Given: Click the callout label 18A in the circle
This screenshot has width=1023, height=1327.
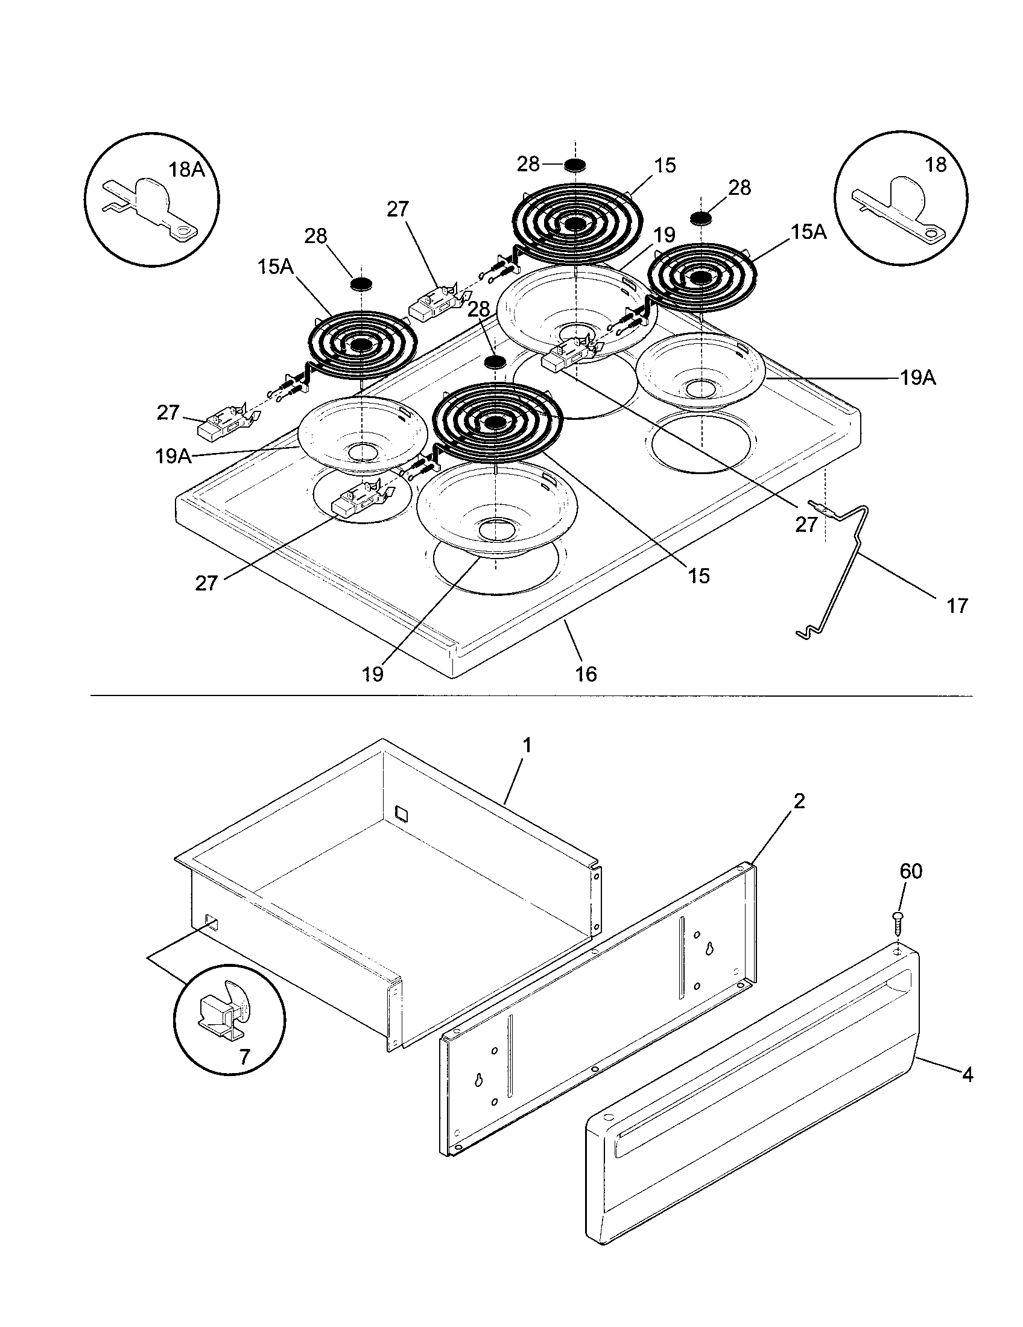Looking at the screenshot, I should point(186,169).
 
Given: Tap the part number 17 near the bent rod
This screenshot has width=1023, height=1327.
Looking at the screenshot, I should point(957,605).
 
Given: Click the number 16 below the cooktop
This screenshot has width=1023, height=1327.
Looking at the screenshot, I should point(586,674).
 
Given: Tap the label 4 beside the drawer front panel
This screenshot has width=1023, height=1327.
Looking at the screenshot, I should point(968,1075).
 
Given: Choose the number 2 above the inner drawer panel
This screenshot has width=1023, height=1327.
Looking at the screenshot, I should point(799,802).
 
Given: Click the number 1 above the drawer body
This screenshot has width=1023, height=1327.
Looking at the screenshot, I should point(527,745).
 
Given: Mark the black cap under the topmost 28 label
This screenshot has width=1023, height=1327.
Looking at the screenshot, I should point(574,165).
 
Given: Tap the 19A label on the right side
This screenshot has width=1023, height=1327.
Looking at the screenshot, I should point(918,379).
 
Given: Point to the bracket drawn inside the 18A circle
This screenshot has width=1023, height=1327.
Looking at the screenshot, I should point(152,206).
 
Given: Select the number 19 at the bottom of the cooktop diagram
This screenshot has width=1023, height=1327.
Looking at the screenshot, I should point(373,674).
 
